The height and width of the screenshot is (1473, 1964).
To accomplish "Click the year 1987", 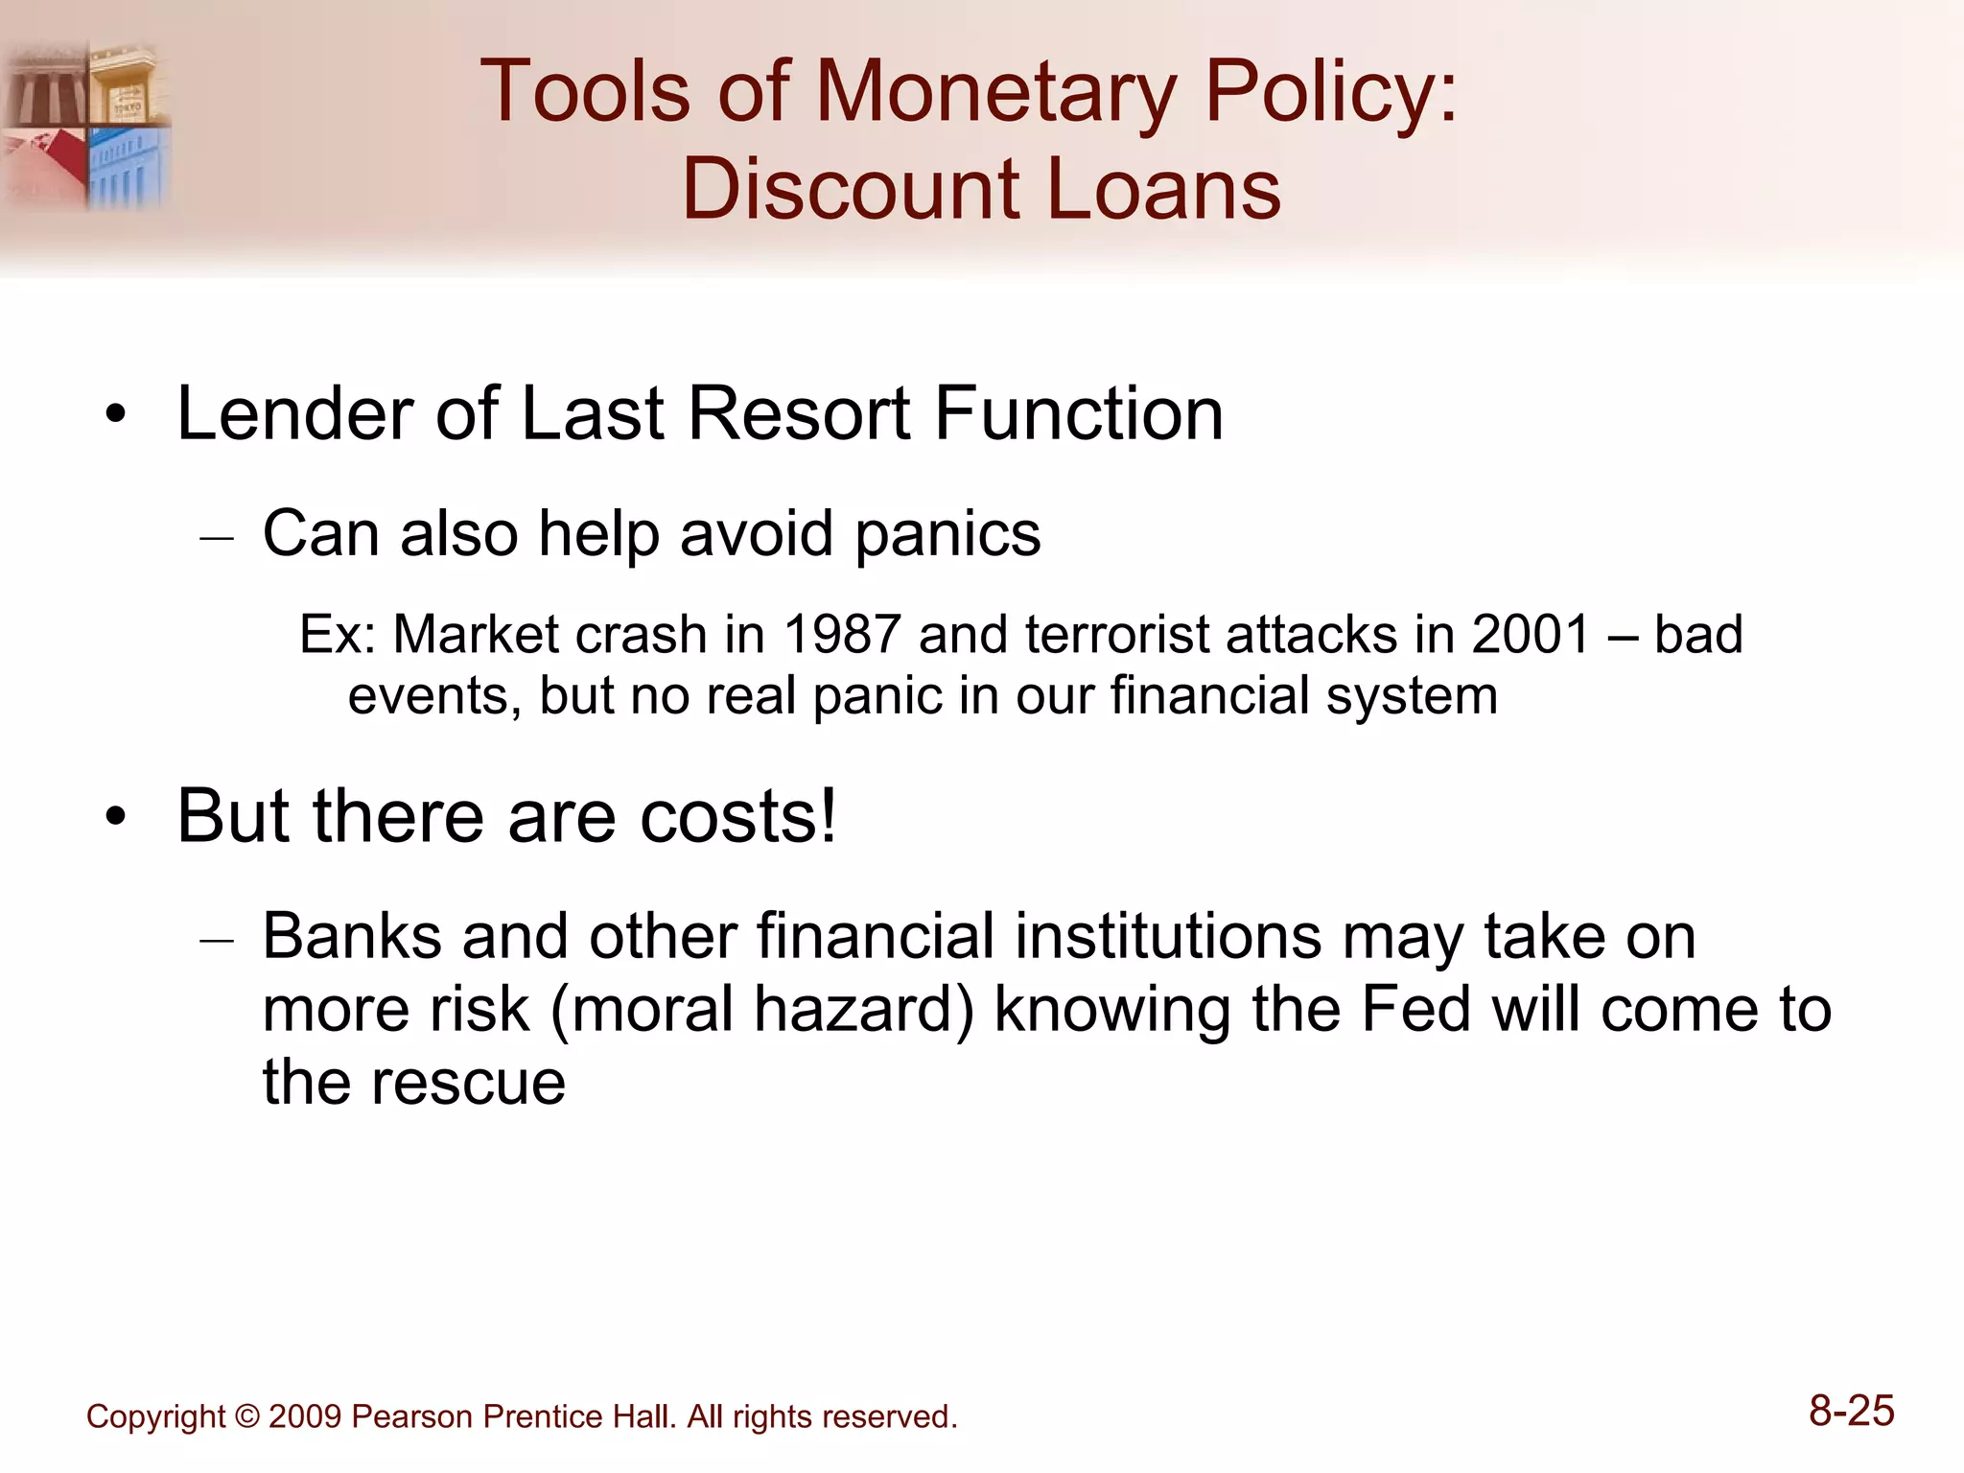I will (x=842, y=635).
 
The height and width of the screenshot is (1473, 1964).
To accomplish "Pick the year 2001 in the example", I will (x=1531, y=635).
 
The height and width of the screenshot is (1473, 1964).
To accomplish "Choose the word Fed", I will (x=1415, y=1010).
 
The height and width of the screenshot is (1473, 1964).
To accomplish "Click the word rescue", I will (x=469, y=1084).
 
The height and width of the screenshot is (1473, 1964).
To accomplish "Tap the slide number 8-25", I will (x=1851, y=1412).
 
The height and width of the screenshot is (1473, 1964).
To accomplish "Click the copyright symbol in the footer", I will (x=246, y=1417).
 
